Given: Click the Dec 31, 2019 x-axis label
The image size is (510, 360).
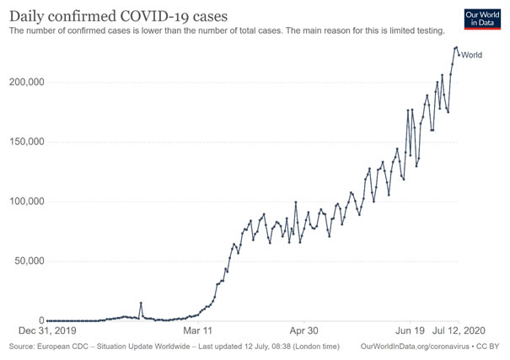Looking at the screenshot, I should coord(48,331).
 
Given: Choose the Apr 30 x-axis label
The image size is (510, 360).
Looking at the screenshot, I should coord(303,331).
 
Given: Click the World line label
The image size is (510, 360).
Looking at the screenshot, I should coord(472,55).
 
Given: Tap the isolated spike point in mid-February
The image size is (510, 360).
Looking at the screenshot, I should coord(141,303).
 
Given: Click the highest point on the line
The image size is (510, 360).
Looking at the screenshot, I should coord(456,47).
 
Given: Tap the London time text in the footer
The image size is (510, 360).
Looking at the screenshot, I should coord(313,347).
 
